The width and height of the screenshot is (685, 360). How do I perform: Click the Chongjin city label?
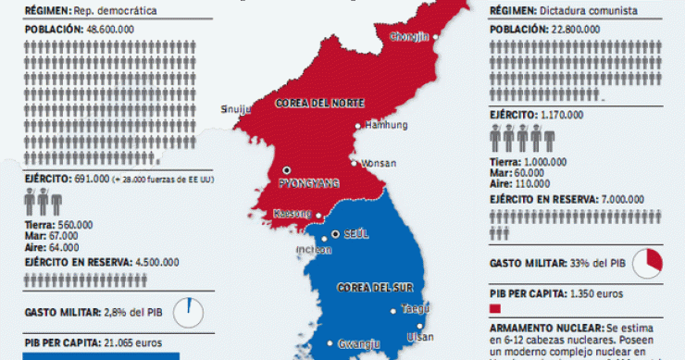tap(410, 37)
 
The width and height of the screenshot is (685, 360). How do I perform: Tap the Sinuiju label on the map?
tap(235, 108)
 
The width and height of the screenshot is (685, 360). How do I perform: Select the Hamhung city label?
tap(386, 124)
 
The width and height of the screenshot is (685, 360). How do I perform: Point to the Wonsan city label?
tap(378, 162)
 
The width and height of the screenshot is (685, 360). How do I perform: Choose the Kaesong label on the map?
tap(292, 214)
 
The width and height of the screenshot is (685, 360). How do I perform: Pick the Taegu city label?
tap(416, 308)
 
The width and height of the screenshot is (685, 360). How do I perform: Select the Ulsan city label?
tap(419, 337)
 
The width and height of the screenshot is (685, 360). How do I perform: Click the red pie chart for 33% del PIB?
tap(654, 262)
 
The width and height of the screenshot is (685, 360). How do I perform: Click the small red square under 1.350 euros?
tap(494, 309)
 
